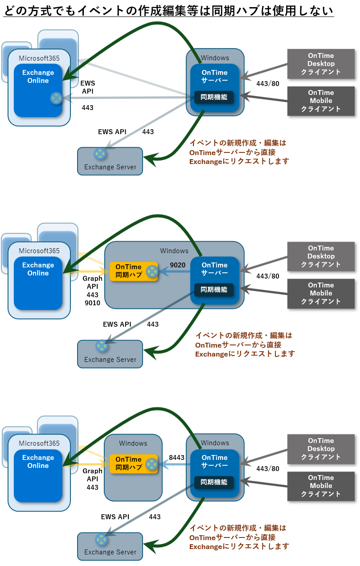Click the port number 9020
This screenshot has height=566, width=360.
178,265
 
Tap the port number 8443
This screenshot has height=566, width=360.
177,458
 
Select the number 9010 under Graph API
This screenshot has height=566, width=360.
92,303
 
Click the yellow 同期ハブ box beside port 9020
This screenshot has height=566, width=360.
134,271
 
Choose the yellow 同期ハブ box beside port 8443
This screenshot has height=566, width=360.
134,463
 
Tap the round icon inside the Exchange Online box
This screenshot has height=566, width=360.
56,98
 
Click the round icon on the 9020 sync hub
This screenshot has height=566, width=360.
152,271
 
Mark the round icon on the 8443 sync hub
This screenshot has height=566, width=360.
152,463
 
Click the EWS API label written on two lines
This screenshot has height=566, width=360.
88,87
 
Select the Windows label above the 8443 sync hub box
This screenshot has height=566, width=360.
133,443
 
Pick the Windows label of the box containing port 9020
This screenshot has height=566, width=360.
174,251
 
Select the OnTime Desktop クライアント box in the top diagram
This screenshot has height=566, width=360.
321,64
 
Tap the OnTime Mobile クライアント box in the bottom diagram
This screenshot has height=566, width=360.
321,486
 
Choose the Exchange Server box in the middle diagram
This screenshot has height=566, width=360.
110,354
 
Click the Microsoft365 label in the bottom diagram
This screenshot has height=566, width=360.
39,443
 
